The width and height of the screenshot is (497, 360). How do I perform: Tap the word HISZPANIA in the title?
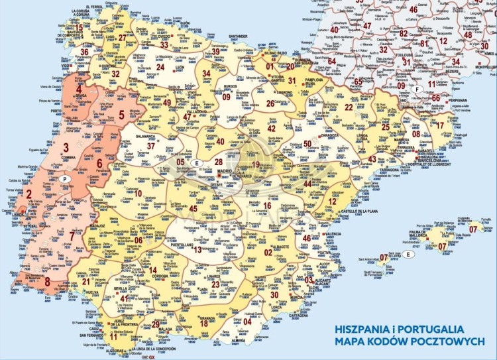[x=366, y=328]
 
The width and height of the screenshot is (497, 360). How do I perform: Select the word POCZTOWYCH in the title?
[x=454, y=341]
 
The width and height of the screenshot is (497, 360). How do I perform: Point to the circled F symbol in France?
[x=417, y=90]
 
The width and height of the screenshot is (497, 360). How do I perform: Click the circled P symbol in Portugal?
[x=64, y=179]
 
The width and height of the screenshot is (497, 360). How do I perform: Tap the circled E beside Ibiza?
[x=409, y=254]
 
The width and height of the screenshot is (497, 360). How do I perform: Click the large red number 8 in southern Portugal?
[x=47, y=282]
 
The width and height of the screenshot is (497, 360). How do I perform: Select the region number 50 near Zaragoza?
[x=307, y=144]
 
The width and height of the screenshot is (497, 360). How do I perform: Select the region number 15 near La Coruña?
[x=78, y=28]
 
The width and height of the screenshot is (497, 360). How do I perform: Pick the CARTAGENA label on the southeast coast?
[x=292, y=316]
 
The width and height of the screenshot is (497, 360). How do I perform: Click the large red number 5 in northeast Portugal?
[x=121, y=114]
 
